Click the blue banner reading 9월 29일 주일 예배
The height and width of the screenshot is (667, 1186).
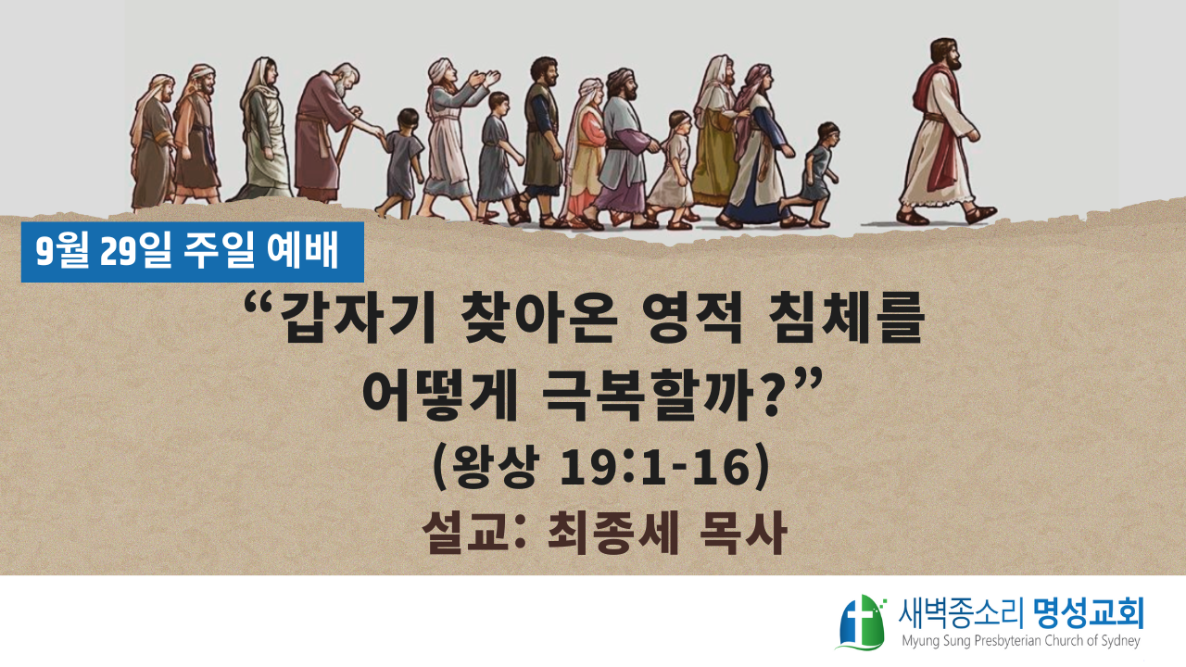pyautogui.click(x=192, y=252)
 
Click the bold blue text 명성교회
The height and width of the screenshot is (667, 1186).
pyautogui.click(x=1089, y=613)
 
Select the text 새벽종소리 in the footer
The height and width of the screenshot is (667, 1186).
pyautogui.click(x=961, y=613)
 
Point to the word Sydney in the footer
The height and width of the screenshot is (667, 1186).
pyautogui.click(x=1119, y=642)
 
